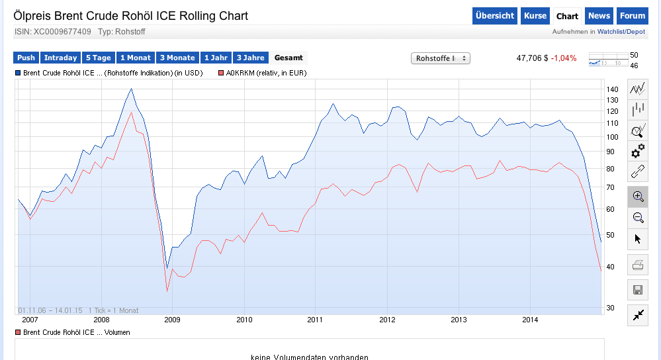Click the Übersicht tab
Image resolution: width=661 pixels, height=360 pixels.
(495, 16)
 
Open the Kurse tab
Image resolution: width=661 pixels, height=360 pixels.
(535, 16)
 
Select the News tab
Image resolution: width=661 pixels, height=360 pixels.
(599, 16)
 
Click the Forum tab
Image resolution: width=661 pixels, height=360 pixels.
(633, 16)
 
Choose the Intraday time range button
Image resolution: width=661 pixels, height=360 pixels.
(61, 58)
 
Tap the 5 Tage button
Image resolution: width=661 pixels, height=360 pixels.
(98, 58)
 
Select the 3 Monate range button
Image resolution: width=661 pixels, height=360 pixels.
(177, 58)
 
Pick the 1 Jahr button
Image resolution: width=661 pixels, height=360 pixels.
(216, 58)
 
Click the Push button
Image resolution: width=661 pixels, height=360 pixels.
(26, 58)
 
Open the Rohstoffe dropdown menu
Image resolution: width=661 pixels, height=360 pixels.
(440, 58)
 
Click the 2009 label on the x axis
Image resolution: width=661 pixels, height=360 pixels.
(171, 320)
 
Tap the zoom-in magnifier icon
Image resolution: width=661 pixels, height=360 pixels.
(638, 197)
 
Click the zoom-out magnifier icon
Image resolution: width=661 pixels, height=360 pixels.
(638, 218)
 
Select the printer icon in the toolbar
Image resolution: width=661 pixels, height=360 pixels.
(638, 266)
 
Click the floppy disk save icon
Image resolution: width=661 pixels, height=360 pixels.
(638, 290)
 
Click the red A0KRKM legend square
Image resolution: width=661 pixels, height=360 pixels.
(221, 73)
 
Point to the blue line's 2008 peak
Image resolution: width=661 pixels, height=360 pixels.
(131, 89)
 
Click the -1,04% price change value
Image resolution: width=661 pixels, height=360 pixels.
(564, 58)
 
